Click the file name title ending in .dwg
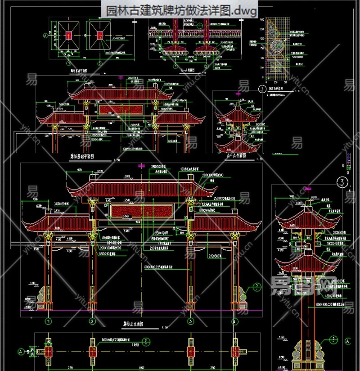pos(182,10)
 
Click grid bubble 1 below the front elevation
pos(48,321)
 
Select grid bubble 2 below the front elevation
pos(92,321)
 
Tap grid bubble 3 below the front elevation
pos(190,321)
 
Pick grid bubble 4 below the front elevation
pos(234,321)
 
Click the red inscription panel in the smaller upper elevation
pos(120,109)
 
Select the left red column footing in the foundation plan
pos(68,35)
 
